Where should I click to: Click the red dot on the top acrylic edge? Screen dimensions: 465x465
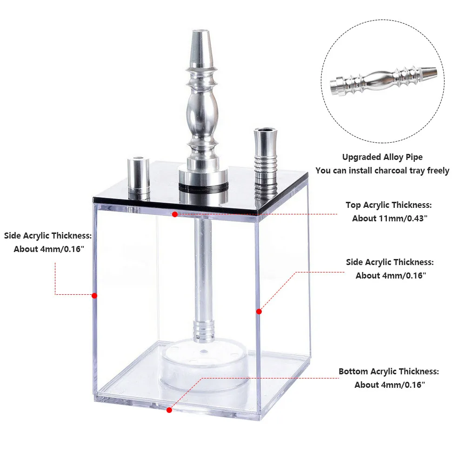click(x=175, y=214)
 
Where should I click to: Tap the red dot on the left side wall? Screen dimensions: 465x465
click(x=94, y=295)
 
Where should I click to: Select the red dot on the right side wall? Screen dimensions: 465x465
click(x=259, y=312)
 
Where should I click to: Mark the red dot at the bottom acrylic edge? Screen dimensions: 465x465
click(x=169, y=410)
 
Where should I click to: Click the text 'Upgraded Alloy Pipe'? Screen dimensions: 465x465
click(x=382, y=157)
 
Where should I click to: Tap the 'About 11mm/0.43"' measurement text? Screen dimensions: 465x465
click(x=389, y=218)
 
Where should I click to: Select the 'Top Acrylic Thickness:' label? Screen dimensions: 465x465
click(x=389, y=205)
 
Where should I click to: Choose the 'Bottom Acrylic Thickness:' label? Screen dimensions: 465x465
click(x=389, y=372)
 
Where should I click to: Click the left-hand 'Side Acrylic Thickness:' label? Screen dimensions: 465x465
click(x=48, y=235)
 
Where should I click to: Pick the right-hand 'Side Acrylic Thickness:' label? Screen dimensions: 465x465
click(x=390, y=262)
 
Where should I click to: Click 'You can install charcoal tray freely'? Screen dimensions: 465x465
click(x=382, y=171)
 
